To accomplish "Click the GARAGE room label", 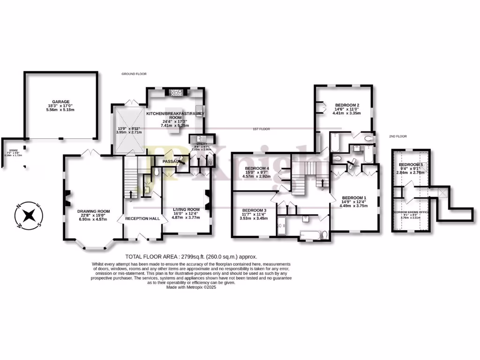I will (61, 101).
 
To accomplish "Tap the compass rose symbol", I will (29, 216).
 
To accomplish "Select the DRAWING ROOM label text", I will (92, 211).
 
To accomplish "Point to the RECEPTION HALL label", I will (142, 218).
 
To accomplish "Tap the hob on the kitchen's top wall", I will (177, 92).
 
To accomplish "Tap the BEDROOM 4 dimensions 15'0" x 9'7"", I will (256, 172).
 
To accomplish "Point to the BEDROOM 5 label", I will (411, 165).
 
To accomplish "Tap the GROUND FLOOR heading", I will (134, 74).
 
